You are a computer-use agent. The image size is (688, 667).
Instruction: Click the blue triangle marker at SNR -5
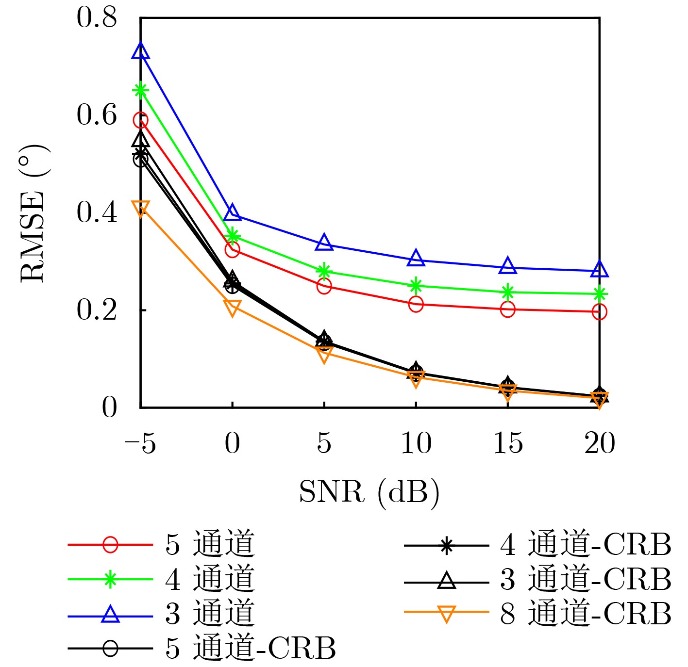click(140, 51)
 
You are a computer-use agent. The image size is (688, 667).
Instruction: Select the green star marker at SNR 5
click(324, 271)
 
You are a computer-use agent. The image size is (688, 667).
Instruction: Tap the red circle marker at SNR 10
click(416, 305)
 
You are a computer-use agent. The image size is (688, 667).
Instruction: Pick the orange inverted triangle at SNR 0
click(232, 307)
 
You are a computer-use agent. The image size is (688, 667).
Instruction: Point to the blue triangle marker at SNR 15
click(507, 266)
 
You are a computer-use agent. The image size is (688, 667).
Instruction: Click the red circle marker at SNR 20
click(599, 312)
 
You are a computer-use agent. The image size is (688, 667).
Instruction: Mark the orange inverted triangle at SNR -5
click(140, 208)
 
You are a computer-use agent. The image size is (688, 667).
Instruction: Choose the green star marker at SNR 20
click(599, 293)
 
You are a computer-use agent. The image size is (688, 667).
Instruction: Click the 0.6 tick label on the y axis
click(97, 115)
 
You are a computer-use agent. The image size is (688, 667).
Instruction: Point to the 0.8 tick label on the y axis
click(97, 17)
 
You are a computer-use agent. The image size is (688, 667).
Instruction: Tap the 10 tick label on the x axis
click(416, 443)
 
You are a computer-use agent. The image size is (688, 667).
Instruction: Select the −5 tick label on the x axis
click(140, 443)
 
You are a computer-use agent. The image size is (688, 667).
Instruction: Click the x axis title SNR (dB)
click(369, 492)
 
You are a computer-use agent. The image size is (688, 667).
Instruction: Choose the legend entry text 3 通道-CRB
click(586, 579)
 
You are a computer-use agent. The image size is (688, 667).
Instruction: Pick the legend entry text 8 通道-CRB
click(586, 613)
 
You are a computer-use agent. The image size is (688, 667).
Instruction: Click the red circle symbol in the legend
click(110, 545)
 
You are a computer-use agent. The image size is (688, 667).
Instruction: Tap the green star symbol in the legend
click(110, 579)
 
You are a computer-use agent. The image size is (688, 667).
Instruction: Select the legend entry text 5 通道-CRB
click(251, 648)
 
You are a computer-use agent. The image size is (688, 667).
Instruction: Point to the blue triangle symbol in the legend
click(110, 614)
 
